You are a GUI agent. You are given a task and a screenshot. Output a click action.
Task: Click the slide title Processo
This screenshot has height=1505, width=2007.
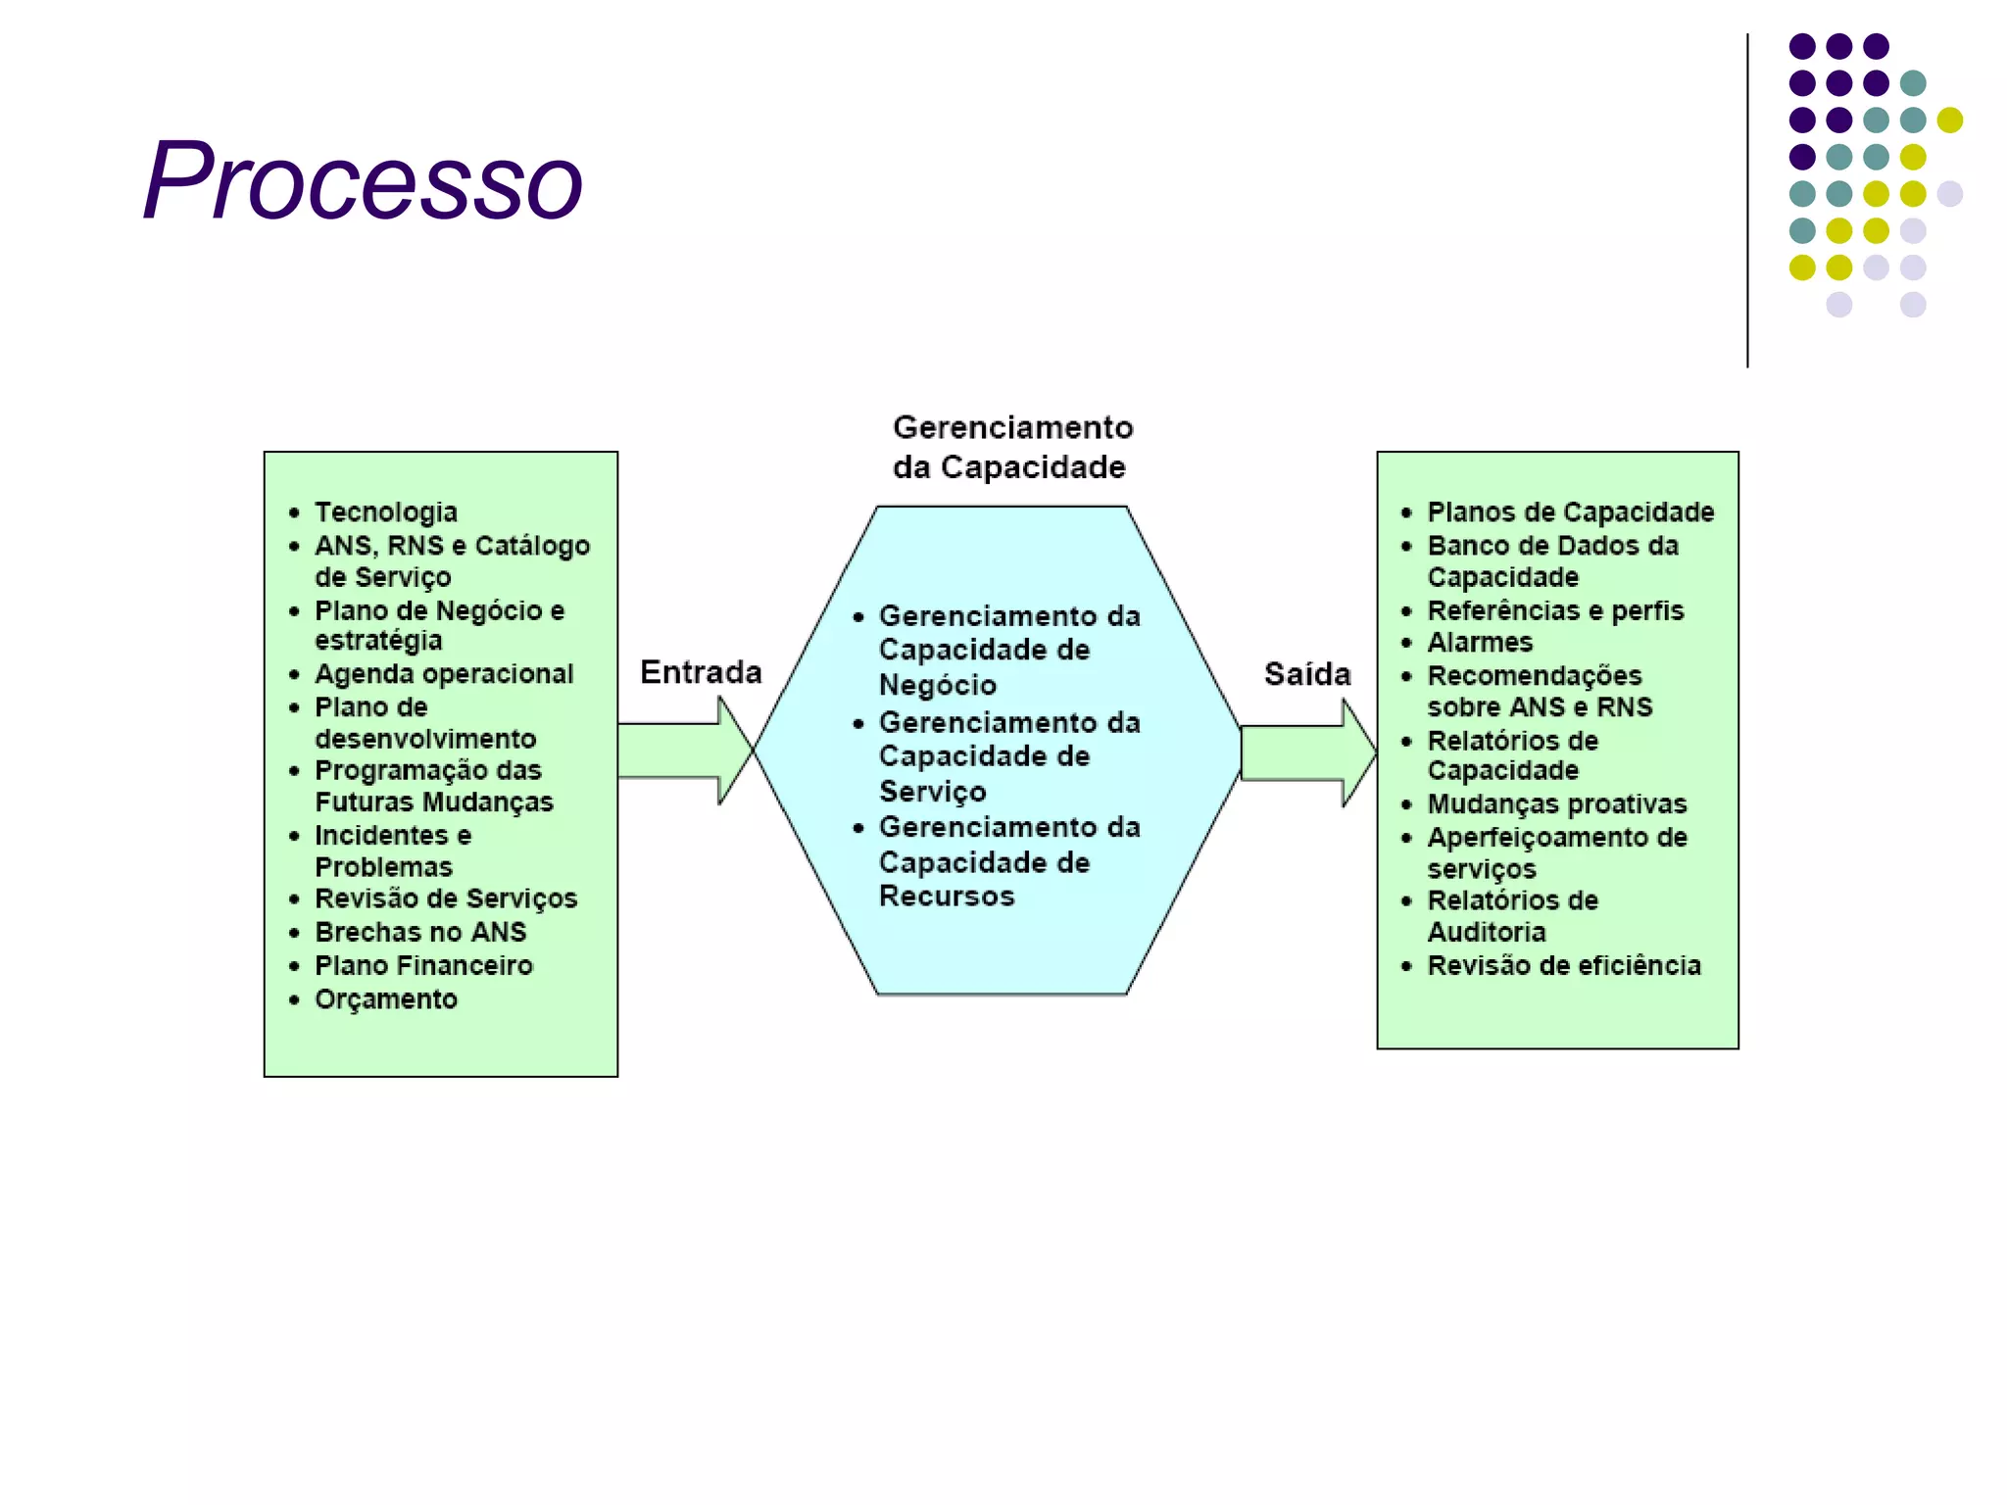coord(363,182)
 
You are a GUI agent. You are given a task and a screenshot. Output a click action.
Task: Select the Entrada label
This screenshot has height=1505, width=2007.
coord(701,672)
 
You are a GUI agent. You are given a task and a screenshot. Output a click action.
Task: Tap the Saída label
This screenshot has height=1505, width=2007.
coord(1306,674)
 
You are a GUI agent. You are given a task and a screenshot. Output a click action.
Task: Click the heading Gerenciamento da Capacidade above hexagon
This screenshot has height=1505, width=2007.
coord(1011,447)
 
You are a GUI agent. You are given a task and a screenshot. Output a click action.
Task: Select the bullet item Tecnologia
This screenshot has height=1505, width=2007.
coord(385,512)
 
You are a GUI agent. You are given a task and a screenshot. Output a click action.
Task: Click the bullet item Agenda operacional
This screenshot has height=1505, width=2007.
coord(443,674)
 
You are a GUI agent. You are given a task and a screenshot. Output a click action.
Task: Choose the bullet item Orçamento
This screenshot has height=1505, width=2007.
coord(385,999)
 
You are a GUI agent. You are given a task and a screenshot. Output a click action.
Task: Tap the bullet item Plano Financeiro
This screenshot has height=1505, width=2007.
coord(423,966)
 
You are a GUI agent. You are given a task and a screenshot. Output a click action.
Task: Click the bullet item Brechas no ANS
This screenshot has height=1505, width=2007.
coord(419,932)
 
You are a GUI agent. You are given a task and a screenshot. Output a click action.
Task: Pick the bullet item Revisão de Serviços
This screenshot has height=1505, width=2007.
coord(445,898)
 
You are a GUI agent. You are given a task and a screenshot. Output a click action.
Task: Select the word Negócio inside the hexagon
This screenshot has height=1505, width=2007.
coord(937,685)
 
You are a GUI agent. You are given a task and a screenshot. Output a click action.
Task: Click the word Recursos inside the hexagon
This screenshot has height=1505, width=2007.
coord(946,897)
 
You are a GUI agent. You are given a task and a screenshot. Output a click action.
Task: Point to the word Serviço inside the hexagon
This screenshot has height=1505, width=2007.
coord(932,792)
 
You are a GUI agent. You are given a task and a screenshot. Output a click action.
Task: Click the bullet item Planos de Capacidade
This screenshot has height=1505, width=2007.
coord(1570,512)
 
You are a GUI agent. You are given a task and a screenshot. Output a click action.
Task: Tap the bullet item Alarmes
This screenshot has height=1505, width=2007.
coord(1479,643)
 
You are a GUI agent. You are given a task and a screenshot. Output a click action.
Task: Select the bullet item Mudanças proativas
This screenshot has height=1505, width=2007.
coord(1556,804)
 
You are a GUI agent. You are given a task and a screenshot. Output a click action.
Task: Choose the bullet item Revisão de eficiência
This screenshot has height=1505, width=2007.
coord(1563,966)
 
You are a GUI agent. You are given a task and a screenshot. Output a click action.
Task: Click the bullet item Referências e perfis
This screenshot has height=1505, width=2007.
coord(1554,611)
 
